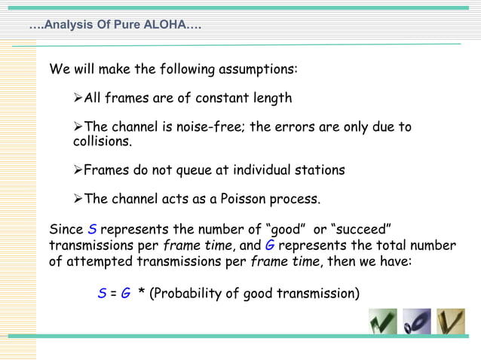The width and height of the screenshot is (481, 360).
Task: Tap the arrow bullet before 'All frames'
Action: click(78, 99)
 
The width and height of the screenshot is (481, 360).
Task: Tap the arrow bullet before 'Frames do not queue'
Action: click(78, 170)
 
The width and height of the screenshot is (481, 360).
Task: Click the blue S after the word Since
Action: click(93, 229)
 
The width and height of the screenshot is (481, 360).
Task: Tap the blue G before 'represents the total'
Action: click(270, 246)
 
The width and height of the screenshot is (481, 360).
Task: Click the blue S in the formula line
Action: click(102, 294)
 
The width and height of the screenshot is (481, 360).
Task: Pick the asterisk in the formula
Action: click(142, 294)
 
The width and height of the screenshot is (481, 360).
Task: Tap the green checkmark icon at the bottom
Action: click(383, 322)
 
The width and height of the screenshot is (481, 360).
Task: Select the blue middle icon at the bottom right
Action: click(417, 322)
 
